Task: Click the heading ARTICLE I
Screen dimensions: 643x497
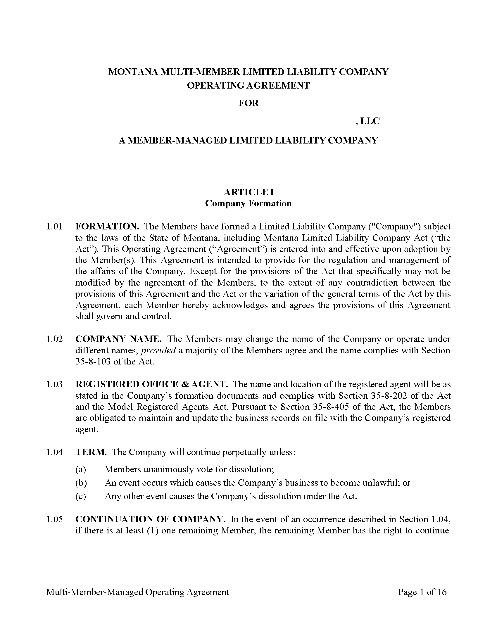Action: pos(248,192)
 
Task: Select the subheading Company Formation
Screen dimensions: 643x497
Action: pos(248,203)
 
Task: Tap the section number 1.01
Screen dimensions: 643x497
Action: pos(54,227)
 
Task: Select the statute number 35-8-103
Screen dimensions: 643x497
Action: pos(93,362)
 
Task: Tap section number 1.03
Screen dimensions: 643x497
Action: pos(54,384)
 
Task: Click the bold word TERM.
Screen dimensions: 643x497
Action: pos(91,452)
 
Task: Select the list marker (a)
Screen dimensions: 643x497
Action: pos(81,469)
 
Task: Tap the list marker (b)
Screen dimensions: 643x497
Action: pos(81,483)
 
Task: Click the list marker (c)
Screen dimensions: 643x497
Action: pos(81,496)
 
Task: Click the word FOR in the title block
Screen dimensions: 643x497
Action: pos(248,103)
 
